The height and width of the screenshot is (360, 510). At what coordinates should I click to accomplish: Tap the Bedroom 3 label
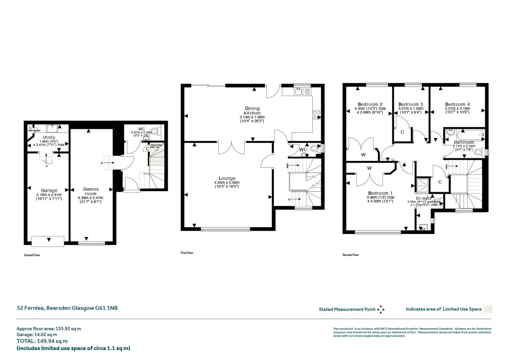click(x=410, y=104)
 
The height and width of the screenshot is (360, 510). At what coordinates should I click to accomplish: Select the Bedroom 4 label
click(x=458, y=104)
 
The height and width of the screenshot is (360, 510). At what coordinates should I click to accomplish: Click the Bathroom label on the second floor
click(x=463, y=142)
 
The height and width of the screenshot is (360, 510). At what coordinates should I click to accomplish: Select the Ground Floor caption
click(x=31, y=254)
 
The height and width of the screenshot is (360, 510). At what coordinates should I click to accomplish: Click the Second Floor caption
click(x=350, y=254)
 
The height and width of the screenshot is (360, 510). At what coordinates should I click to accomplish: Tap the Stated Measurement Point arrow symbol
click(x=381, y=309)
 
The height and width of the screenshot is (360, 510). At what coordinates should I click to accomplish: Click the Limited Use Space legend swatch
click(x=488, y=309)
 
